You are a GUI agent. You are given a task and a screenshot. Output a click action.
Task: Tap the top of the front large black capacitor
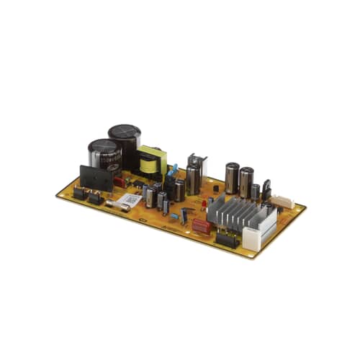tap(104, 147)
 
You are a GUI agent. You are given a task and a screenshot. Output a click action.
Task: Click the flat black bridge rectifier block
tap(96, 179)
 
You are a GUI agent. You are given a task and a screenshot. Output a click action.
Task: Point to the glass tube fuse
tap(121, 207)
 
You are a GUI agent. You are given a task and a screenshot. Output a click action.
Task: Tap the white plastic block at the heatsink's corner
tap(251, 237)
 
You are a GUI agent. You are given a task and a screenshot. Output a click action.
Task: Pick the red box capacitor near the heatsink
tap(201, 226)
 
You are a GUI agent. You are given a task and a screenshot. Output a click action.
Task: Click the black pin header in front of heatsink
tap(225, 240)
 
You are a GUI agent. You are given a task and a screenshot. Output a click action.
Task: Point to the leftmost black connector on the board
tap(79, 193)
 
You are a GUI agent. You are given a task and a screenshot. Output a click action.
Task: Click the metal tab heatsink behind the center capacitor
tap(196, 163)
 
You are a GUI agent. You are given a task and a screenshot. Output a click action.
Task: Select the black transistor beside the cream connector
tap(266, 189)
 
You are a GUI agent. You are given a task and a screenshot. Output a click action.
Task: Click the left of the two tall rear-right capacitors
tap(231, 177)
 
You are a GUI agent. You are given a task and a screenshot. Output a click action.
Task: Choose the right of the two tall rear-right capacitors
tap(246, 180)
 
